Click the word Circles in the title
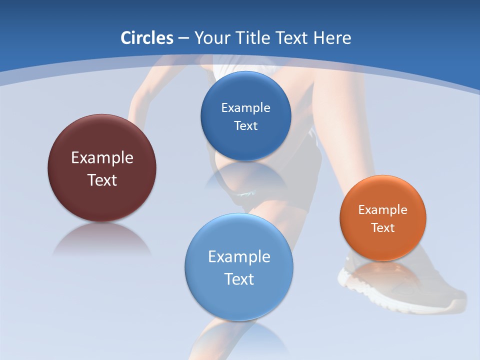(147, 38)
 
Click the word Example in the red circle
(102, 158)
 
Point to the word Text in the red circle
(102, 180)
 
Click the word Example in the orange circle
(383, 210)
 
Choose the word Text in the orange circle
(383, 228)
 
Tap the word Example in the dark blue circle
(245, 108)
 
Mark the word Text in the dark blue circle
(245, 126)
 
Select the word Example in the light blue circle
(239, 257)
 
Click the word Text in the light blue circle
(239, 279)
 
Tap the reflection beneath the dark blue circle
(245, 175)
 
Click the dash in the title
(183, 38)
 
